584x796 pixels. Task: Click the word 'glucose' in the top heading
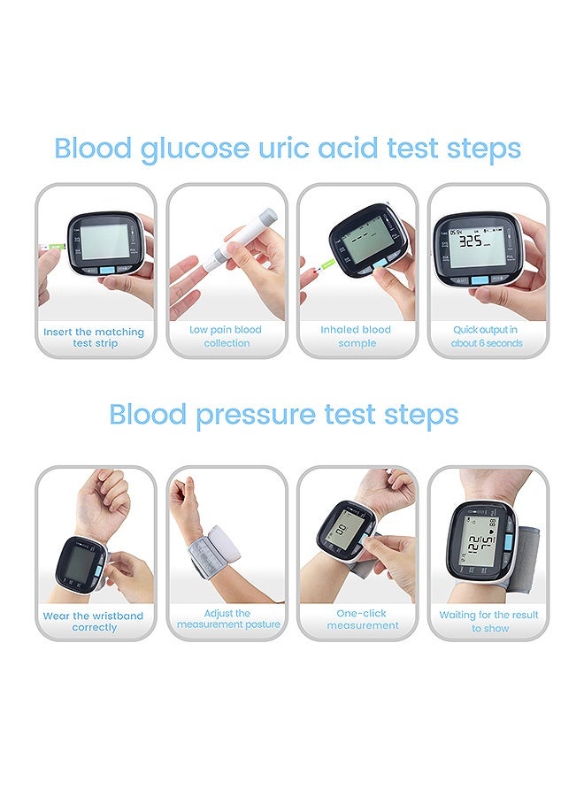(195, 149)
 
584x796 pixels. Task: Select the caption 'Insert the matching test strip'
(94, 338)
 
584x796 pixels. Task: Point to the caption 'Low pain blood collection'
(226, 336)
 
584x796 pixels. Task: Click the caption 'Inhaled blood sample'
(356, 336)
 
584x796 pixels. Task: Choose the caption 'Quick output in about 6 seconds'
(486, 336)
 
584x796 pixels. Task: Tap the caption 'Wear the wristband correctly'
(94, 622)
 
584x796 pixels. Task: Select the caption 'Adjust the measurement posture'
(228, 619)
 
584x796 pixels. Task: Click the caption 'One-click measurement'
(362, 619)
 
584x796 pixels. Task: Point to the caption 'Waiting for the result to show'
(488, 622)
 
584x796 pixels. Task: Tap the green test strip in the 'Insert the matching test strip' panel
(56, 247)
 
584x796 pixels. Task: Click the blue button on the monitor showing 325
(480, 280)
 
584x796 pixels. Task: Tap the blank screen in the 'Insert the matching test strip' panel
(105, 241)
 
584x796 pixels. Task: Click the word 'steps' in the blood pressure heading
(421, 416)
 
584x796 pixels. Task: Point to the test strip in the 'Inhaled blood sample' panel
(324, 266)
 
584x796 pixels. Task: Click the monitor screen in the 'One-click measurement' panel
(342, 532)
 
